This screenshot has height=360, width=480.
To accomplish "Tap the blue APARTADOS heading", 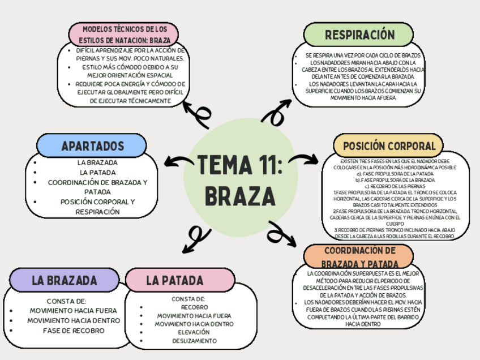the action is (92, 146).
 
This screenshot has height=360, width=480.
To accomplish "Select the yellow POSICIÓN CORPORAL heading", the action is (388, 146).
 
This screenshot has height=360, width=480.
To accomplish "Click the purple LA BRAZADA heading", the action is (65, 280).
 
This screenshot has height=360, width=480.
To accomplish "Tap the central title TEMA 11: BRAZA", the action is (239, 181).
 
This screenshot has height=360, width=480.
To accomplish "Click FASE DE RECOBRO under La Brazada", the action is (73, 330).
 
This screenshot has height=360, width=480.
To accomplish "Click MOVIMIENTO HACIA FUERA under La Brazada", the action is (73, 311).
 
